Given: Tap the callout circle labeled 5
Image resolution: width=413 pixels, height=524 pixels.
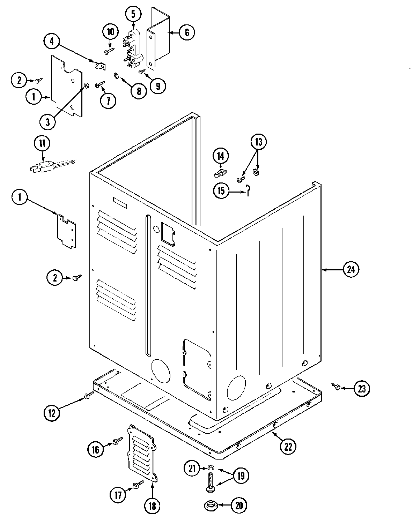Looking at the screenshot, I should coord(133,14).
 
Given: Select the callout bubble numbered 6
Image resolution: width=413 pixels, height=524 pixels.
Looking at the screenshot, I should coord(186,32).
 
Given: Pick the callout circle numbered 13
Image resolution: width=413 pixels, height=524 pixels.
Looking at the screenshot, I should coord(258,142).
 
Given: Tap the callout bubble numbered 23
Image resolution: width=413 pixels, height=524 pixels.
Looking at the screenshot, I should coord(362,388).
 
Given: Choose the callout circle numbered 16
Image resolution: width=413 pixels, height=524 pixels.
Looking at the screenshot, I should coord(96,449).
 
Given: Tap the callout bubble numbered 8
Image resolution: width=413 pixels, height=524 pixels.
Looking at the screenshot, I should coord(139,91).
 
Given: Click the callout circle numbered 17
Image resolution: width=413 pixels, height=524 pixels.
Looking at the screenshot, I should coord(119,495).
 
